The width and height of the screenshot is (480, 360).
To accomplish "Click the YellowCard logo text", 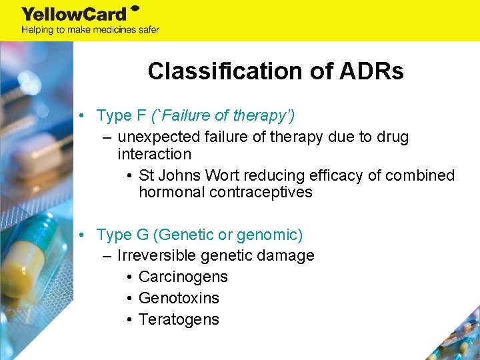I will [x=75, y=13].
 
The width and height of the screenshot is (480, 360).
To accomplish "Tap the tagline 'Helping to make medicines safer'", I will [x=91, y=29].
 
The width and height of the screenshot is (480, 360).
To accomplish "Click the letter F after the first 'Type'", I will [x=141, y=115].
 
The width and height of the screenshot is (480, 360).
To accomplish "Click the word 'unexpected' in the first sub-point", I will [x=155, y=137].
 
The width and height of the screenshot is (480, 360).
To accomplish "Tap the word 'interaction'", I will [x=154, y=154].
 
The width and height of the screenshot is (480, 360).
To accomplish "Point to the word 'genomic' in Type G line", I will [x=269, y=235].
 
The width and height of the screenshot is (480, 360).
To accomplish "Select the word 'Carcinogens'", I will [x=183, y=277].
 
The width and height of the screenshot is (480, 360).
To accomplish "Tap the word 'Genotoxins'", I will [x=179, y=298].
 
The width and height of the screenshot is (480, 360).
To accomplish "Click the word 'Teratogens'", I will [x=179, y=319].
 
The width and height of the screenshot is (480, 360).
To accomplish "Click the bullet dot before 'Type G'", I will [x=80, y=235].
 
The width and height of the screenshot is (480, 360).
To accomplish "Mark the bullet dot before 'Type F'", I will [x=80, y=115].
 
